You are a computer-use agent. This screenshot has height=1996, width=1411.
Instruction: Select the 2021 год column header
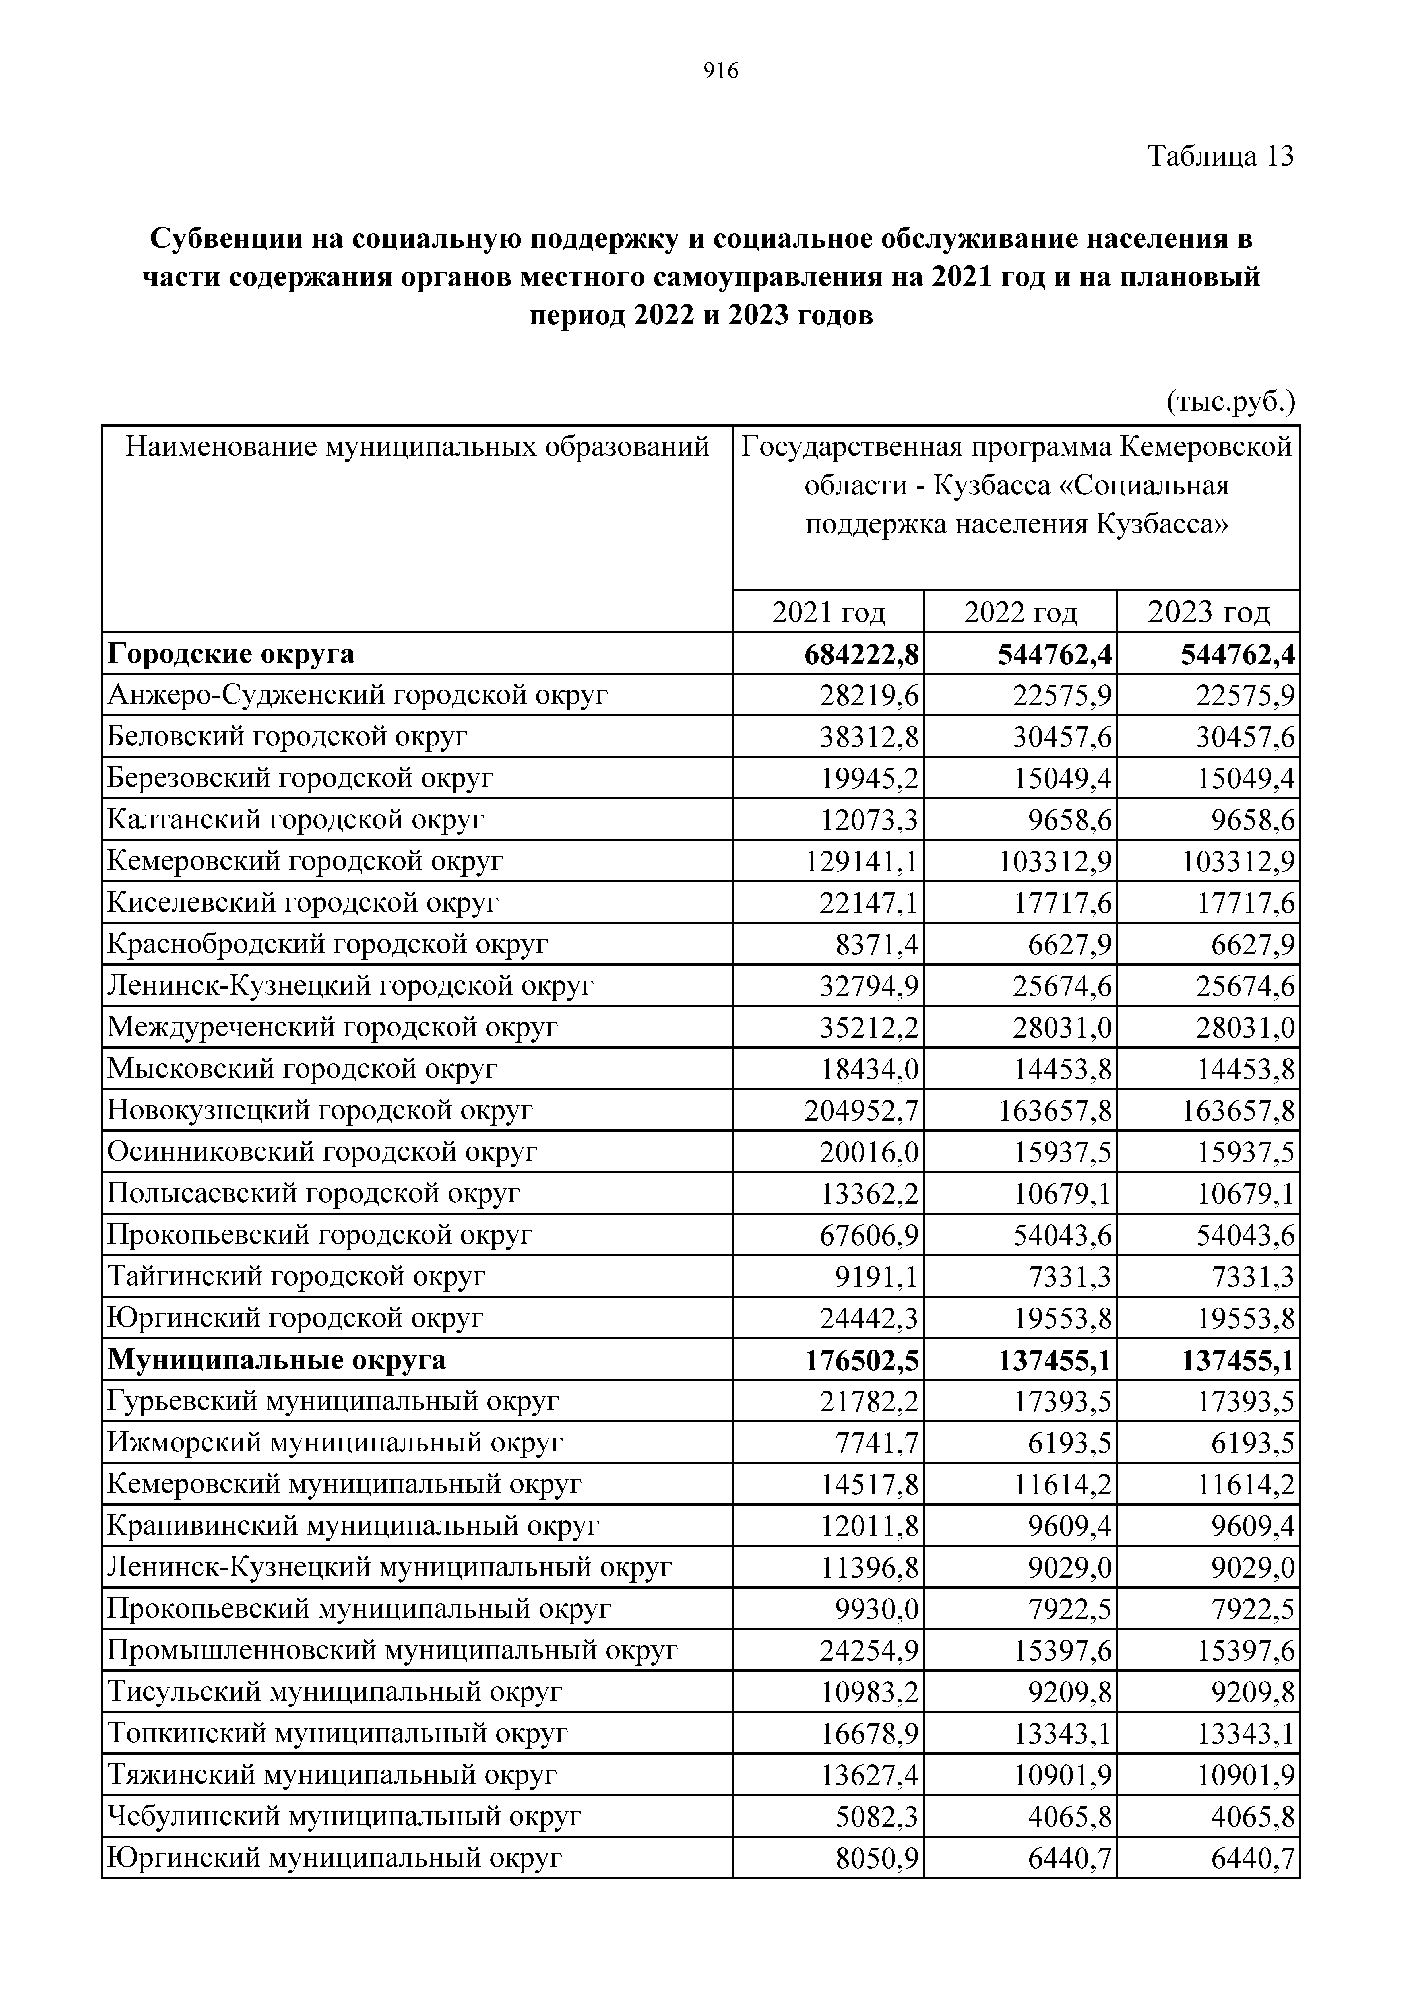pyautogui.click(x=829, y=613)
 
